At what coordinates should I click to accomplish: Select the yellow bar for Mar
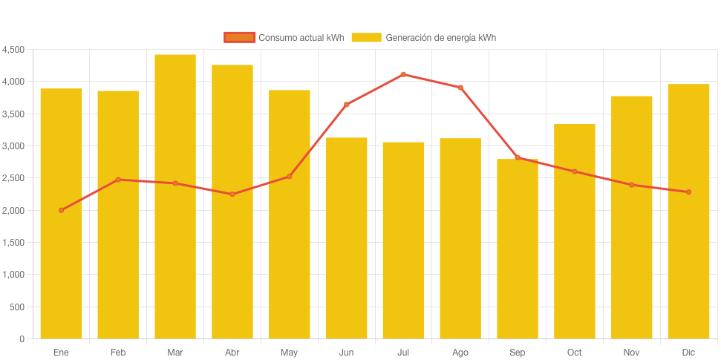175,197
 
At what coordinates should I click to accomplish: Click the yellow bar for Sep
518,249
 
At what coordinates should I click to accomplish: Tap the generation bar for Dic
688,212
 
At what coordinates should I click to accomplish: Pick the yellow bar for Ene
61,214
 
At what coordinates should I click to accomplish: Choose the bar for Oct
575,231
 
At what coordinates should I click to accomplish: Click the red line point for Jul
403,74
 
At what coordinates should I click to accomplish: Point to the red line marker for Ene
61,210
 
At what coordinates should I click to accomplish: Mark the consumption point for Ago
460,87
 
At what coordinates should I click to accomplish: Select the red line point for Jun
346,105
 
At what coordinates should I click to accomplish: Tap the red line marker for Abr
232,194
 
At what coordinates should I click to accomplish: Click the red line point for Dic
688,192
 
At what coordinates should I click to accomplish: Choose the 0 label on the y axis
22,339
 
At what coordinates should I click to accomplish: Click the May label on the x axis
290,353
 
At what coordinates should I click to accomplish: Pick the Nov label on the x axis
631,353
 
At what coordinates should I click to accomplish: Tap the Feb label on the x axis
118,353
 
